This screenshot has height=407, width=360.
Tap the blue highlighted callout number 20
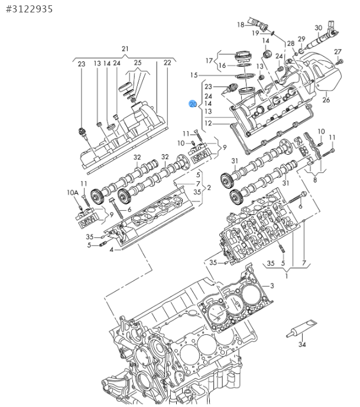point(193,103)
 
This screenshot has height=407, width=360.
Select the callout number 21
point(125,48)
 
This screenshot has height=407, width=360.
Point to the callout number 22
point(167,63)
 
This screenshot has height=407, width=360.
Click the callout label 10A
point(72,193)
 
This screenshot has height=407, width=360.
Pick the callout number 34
point(302,344)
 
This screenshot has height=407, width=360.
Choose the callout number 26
point(326,100)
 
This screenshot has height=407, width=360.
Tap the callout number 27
point(338,52)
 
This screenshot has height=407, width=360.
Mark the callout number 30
point(318,28)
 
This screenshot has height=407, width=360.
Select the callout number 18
point(241,25)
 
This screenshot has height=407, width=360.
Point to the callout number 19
point(255,33)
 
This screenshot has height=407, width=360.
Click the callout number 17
point(209,60)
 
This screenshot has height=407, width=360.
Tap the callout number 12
point(208,123)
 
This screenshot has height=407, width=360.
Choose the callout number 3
point(272,286)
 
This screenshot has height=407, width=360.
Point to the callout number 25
point(138,63)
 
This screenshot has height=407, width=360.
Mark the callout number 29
point(301,39)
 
